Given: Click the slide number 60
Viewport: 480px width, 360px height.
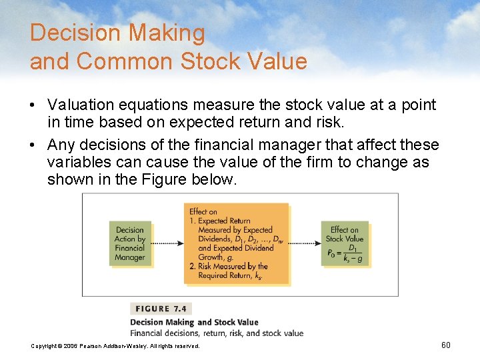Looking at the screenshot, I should tap(446, 345).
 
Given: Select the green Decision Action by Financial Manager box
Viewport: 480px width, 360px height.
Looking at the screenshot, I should tap(130, 243).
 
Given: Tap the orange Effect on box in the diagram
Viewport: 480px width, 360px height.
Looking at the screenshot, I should tap(236, 243).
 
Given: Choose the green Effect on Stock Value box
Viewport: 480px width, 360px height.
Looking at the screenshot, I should tap(346, 243).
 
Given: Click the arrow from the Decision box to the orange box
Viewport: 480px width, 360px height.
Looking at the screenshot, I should tap(167, 243).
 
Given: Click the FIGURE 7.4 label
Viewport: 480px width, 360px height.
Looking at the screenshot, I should tap(161, 309).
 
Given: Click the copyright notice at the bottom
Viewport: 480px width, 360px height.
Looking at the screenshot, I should tap(115, 346).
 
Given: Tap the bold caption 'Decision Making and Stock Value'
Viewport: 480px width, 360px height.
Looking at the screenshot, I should tap(194, 323).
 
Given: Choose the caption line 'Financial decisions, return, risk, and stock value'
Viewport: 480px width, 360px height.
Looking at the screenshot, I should tap(217, 333).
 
